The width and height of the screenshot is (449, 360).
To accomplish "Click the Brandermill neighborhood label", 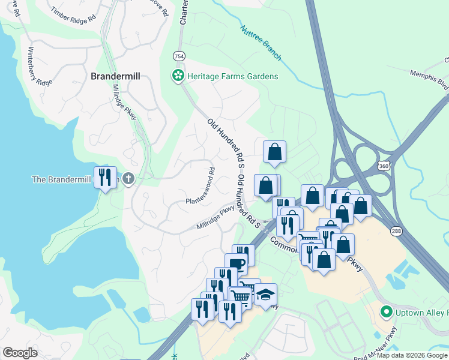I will (x=114, y=76).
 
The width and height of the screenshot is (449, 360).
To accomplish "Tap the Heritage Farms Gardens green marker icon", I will (x=178, y=76).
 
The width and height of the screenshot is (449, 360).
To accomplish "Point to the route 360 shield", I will (x=384, y=165).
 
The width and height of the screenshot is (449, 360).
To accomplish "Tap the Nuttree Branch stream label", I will (x=261, y=43).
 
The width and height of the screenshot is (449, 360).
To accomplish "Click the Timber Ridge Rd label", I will (x=73, y=14).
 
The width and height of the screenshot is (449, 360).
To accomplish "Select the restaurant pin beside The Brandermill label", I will (x=106, y=177).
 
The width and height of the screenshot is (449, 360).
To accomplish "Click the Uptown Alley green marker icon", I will (x=387, y=312).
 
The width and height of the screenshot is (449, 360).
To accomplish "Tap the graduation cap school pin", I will (x=265, y=295).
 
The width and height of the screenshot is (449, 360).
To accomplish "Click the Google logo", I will (x=20, y=353).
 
